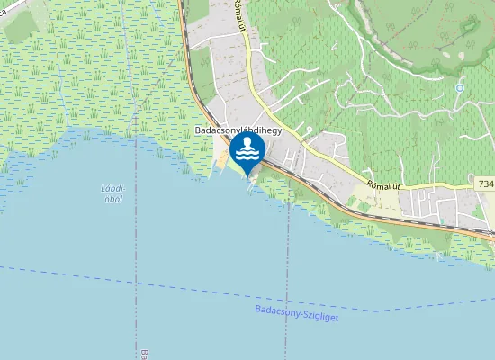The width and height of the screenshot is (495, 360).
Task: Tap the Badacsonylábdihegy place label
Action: pos(239,130)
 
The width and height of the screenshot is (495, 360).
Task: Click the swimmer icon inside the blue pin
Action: pos(247,148)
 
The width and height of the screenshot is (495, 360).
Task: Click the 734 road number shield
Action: pos(486,184)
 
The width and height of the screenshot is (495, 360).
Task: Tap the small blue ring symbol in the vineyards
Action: pos(460,88)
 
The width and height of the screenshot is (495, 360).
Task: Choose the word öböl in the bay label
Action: pos(112,199)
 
